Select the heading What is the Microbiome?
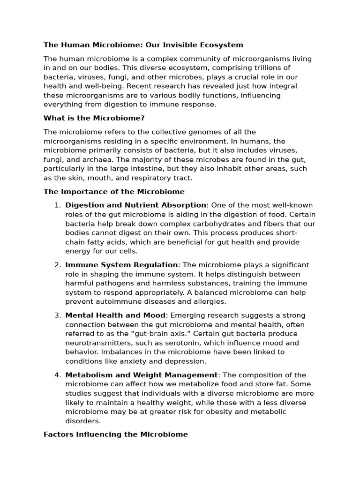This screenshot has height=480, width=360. [94, 118]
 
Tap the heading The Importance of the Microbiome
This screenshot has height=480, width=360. [114, 192]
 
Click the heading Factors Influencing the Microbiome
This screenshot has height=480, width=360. [115, 435]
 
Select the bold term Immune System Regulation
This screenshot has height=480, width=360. [121, 265]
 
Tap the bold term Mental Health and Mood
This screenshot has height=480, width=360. [115, 315]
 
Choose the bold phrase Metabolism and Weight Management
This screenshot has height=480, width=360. [141, 375]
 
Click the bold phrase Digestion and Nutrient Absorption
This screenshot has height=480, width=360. [135, 205]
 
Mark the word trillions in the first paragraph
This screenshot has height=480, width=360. [284, 68]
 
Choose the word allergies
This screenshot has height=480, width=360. [209, 302]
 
